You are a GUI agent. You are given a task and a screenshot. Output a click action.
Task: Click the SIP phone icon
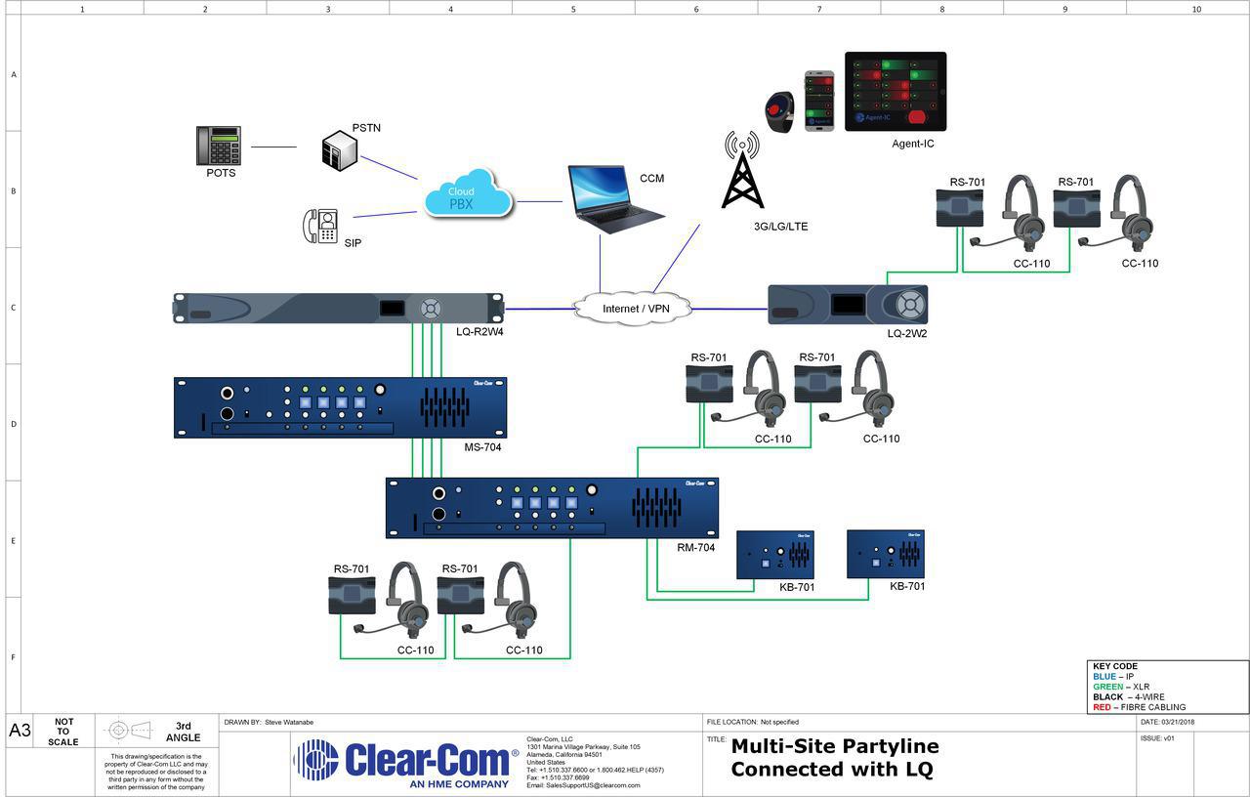tap(320, 226)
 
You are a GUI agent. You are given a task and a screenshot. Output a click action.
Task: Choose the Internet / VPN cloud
tap(635, 309)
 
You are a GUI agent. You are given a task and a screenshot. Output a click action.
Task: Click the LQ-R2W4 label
tap(479, 332)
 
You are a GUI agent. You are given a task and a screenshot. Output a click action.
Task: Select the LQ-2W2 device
tap(848, 305)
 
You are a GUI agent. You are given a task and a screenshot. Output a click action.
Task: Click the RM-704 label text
tap(696, 548)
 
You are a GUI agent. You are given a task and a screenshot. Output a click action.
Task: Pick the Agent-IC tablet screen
tap(896, 91)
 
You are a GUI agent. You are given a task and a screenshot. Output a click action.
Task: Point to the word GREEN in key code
tap(1107, 687)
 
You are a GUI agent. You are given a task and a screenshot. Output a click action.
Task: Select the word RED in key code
tap(1102, 707)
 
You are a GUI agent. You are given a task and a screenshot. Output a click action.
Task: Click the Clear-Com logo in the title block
tap(406, 760)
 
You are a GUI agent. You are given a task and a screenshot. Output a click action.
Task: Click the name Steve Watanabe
tap(289, 722)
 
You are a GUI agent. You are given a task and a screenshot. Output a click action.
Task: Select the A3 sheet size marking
tap(20, 731)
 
